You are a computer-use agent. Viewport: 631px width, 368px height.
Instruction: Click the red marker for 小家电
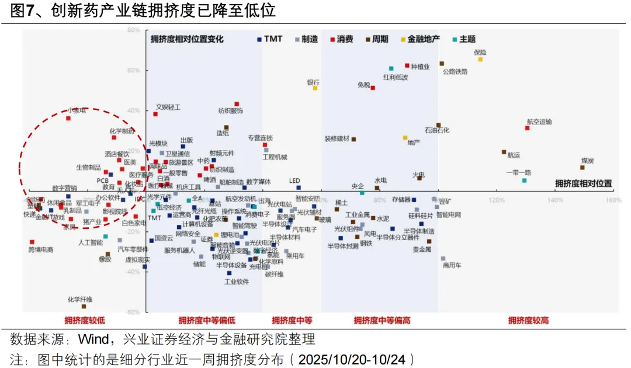point(68,118)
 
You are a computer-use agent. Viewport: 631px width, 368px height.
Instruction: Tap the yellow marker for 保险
point(480,60)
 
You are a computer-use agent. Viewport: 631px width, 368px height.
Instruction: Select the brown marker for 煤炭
point(582,168)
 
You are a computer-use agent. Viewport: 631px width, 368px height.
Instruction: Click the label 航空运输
point(539,121)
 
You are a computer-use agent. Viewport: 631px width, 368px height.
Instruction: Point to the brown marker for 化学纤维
point(84,306)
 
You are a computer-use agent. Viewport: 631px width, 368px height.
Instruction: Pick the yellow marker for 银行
point(315,88)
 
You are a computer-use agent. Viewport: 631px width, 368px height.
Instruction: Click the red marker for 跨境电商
point(32,242)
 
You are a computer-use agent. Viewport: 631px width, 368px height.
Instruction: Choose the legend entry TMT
point(273,39)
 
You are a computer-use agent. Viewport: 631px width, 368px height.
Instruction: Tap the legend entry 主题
point(467,39)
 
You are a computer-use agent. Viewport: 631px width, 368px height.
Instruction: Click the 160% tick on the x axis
point(613,200)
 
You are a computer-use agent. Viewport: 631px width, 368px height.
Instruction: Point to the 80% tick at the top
point(134,30)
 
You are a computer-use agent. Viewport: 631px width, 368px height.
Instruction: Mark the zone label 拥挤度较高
point(528,320)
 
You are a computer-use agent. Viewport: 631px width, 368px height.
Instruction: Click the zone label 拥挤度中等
point(292,320)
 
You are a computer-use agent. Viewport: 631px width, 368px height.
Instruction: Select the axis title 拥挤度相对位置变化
point(187,39)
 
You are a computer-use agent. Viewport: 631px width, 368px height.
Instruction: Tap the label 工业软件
point(237,282)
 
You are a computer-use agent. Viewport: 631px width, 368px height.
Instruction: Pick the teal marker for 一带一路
point(524,180)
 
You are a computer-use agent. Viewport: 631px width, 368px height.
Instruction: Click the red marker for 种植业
point(407,65)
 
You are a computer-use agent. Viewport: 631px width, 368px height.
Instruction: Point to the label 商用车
point(452,265)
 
